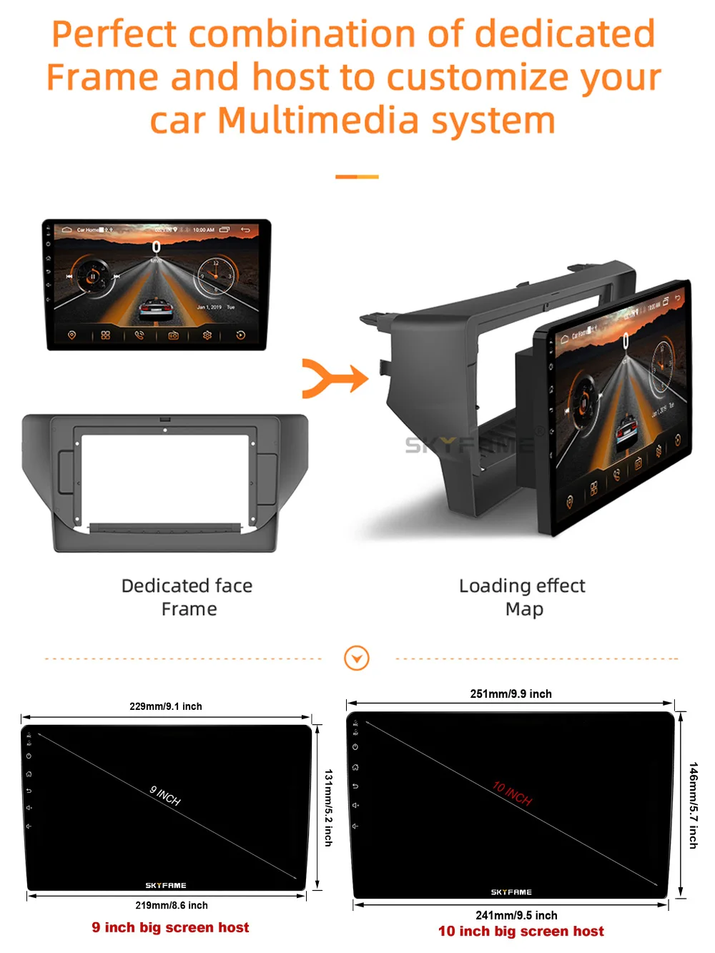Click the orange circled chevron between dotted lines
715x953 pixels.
pyautogui.click(x=357, y=658)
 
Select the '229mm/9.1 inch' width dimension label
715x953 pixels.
pyautogui.click(x=166, y=706)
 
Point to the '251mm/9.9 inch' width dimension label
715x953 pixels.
pyautogui.click(x=511, y=693)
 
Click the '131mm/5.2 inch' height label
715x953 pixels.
pyautogui.click(x=328, y=808)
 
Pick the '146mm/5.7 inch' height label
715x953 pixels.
pyautogui.click(x=693, y=805)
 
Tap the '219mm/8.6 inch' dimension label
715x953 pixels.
pyautogui.click(x=172, y=905)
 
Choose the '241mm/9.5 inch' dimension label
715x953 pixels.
pyautogui.click(x=516, y=915)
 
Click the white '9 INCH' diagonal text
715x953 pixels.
pyautogui.click(x=165, y=796)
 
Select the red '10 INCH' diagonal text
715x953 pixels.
pyautogui.click(x=512, y=794)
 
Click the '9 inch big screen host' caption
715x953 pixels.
pyautogui.click(x=170, y=927)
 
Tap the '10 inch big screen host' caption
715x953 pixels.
pyautogui.click(x=521, y=931)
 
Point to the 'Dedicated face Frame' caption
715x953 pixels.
pyautogui.click(x=187, y=597)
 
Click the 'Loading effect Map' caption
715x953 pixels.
pyautogui.click(x=523, y=597)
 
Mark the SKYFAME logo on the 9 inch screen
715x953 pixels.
pyautogui.click(x=166, y=885)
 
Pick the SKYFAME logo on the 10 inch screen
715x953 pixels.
pyautogui.click(x=511, y=892)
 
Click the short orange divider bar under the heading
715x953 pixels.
pyautogui.click(x=357, y=177)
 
